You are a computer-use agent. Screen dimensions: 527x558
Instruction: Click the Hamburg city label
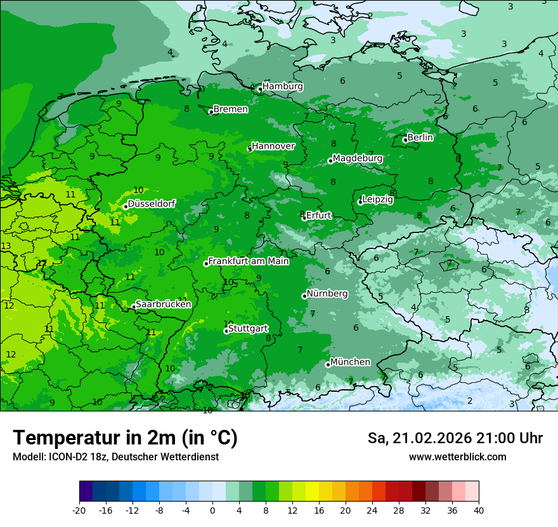point(282,86)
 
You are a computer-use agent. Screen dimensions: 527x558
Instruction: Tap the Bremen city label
point(230,109)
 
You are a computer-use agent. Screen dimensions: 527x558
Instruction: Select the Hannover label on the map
point(273,146)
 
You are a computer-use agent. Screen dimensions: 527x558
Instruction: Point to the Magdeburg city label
point(357,158)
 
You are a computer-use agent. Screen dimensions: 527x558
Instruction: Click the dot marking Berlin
point(405,140)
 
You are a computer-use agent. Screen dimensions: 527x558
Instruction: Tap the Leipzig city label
point(378,199)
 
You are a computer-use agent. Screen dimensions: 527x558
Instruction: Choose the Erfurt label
point(319,215)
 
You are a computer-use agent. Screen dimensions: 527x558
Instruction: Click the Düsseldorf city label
point(152,204)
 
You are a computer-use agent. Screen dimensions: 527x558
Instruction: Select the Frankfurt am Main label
point(249,261)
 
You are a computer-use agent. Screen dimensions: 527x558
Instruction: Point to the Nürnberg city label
point(327,294)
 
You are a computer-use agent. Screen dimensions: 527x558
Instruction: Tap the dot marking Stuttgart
point(226,331)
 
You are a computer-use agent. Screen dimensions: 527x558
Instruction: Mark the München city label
point(351,362)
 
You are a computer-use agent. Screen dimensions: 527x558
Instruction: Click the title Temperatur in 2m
point(125,437)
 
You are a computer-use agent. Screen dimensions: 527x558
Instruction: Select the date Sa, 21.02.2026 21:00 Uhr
point(455,438)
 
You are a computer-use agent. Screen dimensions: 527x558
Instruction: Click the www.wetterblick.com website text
point(457,457)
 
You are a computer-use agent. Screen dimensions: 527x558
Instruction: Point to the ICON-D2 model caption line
point(115,457)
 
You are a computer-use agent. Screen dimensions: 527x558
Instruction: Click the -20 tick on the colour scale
point(79,510)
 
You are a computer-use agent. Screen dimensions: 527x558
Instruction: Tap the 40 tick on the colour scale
point(479,510)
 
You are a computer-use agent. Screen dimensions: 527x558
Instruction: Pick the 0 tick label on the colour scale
point(212,510)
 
